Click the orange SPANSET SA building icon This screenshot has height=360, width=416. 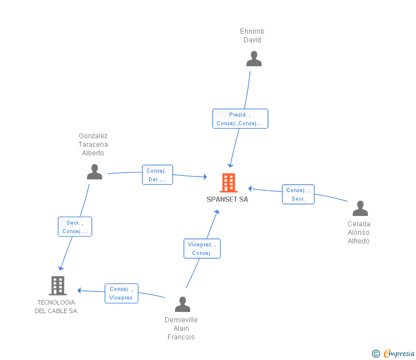[229, 183]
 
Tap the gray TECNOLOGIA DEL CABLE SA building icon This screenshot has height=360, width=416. [58, 285]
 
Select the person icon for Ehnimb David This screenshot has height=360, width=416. [254, 59]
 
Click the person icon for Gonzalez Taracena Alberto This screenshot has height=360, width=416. [94, 172]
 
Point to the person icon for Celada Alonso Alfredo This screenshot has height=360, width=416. [360, 208]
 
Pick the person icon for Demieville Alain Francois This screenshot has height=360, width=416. [182, 304]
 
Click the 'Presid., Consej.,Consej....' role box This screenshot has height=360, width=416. [240, 119]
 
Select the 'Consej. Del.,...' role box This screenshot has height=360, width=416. [157, 175]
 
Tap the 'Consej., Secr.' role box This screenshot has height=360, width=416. [298, 194]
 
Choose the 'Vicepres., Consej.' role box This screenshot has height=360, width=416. [202, 249]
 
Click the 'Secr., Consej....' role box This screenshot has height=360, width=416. [75, 227]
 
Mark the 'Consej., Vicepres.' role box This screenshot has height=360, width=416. [121, 293]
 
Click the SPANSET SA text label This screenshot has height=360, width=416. [227, 199]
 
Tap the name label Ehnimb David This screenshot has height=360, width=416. [253, 35]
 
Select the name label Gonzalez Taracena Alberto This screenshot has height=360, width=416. [93, 145]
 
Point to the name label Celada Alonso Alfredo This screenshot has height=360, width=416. [359, 233]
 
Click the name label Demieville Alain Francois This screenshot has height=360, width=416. [181, 329]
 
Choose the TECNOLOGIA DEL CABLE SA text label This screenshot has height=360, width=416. [56, 306]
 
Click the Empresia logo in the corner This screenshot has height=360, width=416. [398, 354]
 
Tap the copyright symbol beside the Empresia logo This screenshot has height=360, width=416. [375, 354]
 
